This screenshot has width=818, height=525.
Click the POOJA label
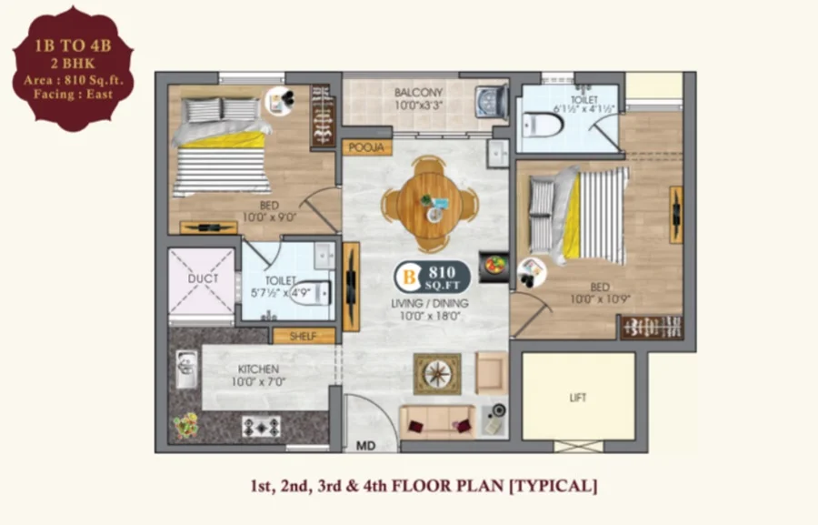tap(367, 147)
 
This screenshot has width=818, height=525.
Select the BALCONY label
tap(418, 93)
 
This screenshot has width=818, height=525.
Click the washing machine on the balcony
tap(492, 101)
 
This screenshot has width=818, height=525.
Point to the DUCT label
tap(203, 278)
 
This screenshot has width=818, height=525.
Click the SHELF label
tap(303, 337)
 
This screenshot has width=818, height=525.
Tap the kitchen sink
tap(186, 369)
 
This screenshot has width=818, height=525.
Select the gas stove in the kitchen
tap(262, 428)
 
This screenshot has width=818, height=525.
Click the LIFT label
tap(578, 398)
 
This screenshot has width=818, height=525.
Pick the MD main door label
tap(365, 446)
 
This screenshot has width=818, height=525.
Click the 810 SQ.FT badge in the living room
tap(432, 278)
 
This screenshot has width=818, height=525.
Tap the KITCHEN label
tap(258, 369)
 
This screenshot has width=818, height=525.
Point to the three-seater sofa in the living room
tap(438, 422)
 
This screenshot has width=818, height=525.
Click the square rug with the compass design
tap(437, 374)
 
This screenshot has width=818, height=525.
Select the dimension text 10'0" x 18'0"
tap(430, 316)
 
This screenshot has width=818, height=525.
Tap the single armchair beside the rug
tap(492, 373)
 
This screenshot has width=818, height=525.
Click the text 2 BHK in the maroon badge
tap(73, 64)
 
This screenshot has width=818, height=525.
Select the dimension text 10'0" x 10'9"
tap(601, 299)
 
